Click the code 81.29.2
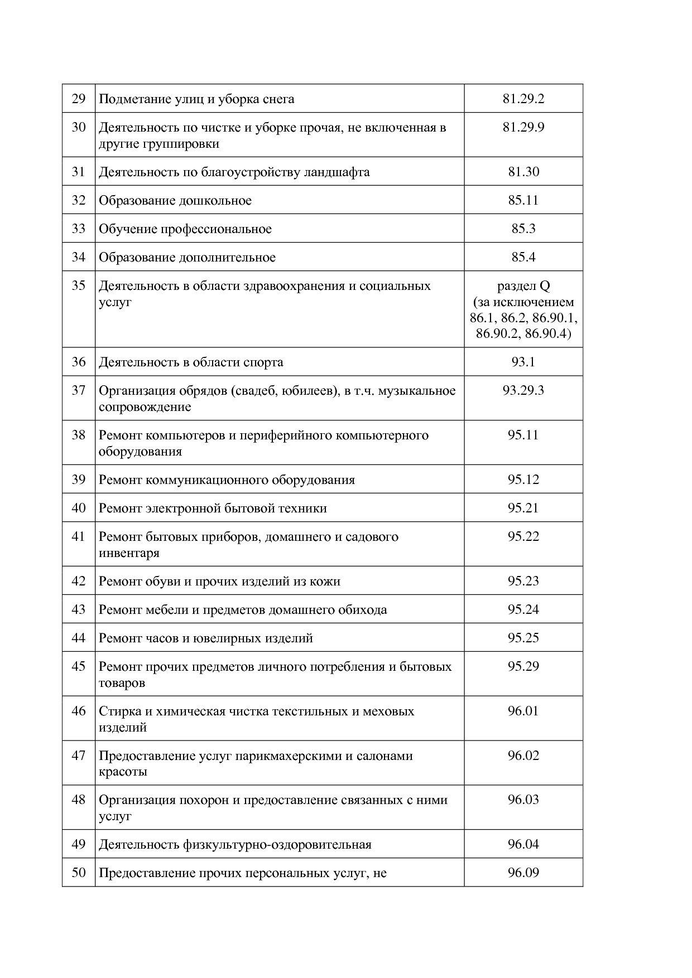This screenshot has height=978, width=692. [523, 99]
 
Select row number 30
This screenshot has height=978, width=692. [79, 128]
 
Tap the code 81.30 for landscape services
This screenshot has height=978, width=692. [523, 172]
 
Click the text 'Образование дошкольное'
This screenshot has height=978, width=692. [175, 201]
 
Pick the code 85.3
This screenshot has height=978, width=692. [523, 229]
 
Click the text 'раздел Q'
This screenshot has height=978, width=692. [523, 286]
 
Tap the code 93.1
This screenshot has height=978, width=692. [523, 362]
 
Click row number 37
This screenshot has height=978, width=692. [79, 390]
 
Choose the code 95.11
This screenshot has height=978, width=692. [523, 435]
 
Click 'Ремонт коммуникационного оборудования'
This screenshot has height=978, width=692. [227, 480]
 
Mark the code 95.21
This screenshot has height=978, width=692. [523, 509]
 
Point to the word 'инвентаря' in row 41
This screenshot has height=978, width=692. [129, 553]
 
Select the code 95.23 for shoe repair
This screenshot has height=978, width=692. [523, 581]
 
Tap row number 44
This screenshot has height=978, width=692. [79, 638]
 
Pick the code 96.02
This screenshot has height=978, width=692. [523, 756]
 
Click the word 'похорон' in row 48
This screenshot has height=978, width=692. [201, 800]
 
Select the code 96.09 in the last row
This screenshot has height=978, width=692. [523, 873]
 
